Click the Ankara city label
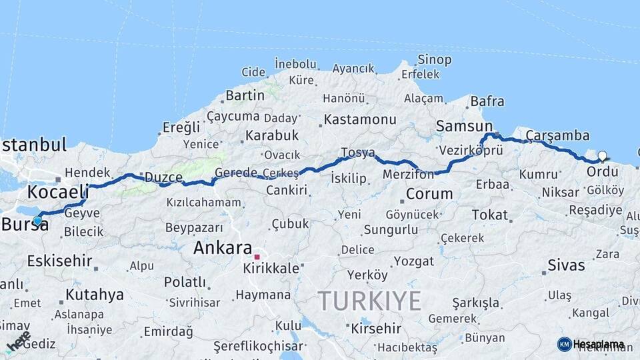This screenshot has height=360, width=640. tap(223, 248)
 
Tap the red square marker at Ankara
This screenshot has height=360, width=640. tap(257, 257)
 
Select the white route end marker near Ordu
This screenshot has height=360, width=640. tap(602, 157)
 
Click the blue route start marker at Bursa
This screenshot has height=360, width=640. tap(37, 221)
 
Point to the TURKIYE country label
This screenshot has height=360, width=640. tap(369, 301)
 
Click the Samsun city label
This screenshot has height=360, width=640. tap(463, 125)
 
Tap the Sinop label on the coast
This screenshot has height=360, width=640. tap(434, 59)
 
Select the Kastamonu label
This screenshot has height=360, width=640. tap(360, 120)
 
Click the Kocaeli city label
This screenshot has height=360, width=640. tap(57, 192)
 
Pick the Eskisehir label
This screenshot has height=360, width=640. tap(59, 261)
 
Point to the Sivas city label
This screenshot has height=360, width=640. tap(566, 265)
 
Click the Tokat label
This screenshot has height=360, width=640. tap(489, 215)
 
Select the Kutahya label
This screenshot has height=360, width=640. tap(94, 294)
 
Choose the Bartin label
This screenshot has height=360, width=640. tap(245, 95)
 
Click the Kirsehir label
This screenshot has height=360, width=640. tap(376, 329)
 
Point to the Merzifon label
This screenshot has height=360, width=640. tap(409, 174)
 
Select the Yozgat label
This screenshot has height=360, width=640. tap(413, 261)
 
